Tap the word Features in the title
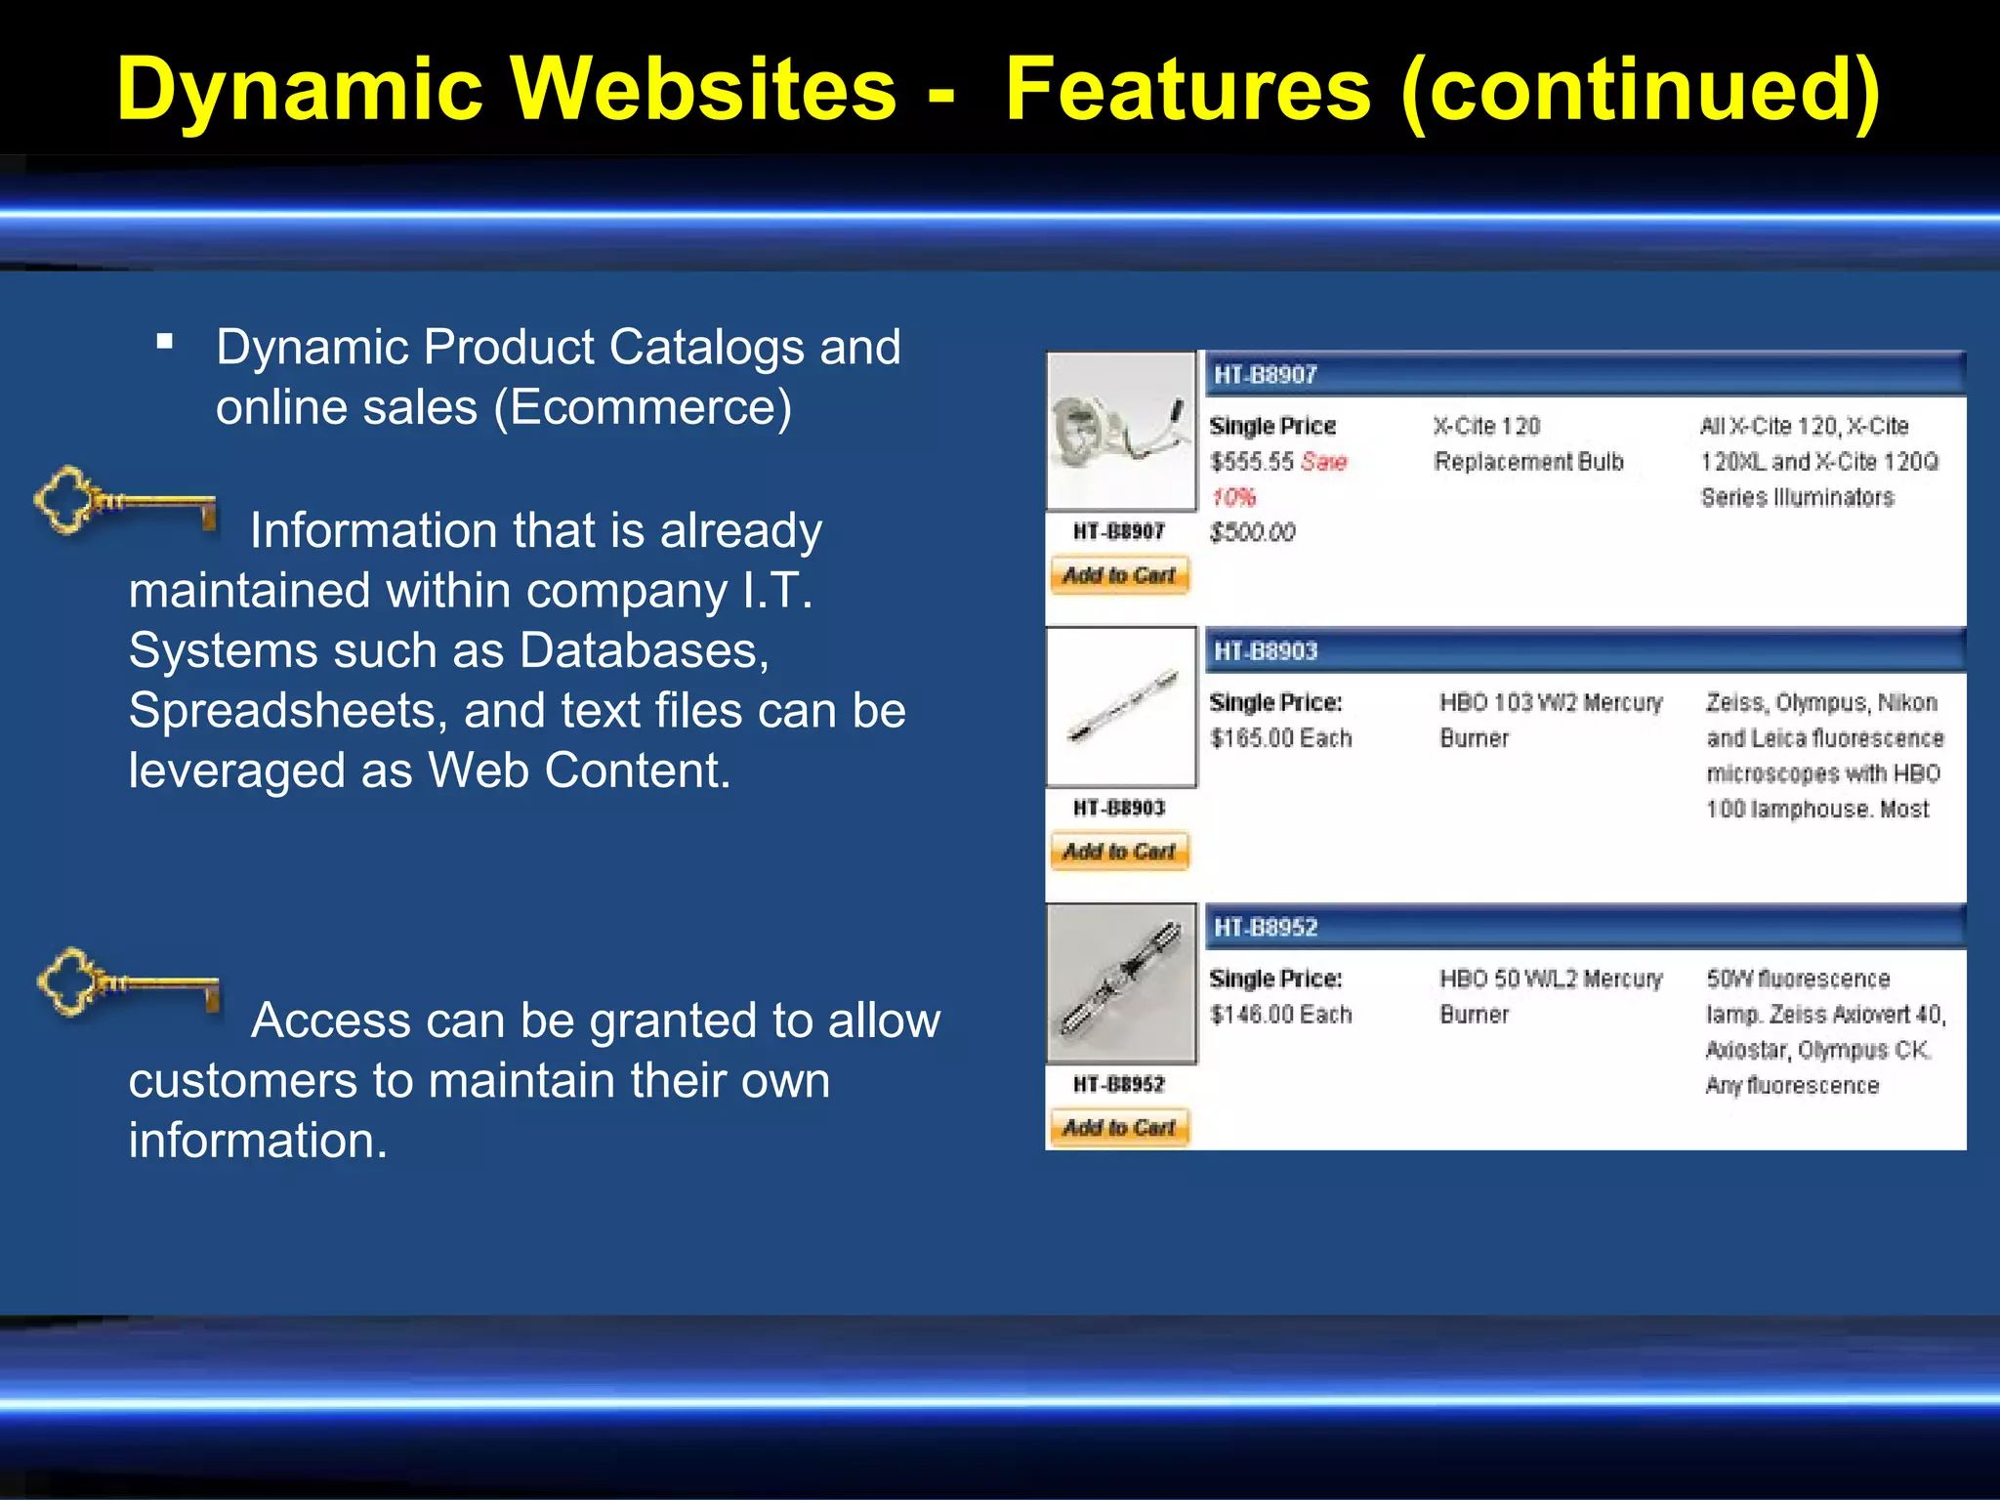[x=1187, y=90]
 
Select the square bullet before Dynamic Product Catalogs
[x=165, y=342]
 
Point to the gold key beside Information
[x=125, y=500]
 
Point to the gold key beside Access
[x=128, y=981]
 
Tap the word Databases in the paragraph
[x=645, y=650]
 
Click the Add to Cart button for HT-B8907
[x=1119, y=575]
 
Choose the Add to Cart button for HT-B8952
[x=1119, y=1128]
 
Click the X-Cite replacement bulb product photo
[x=1120, y=431]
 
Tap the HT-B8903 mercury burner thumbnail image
[x=1120, y=707]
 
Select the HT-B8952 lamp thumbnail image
[x=1120, y=983]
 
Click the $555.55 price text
[x=1251, y=462]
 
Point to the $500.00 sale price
[x=1252, y=533]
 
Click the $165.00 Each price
[x=1280, y=738]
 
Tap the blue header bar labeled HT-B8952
[x=1584, y=927]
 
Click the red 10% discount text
[x=1233, y=498]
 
